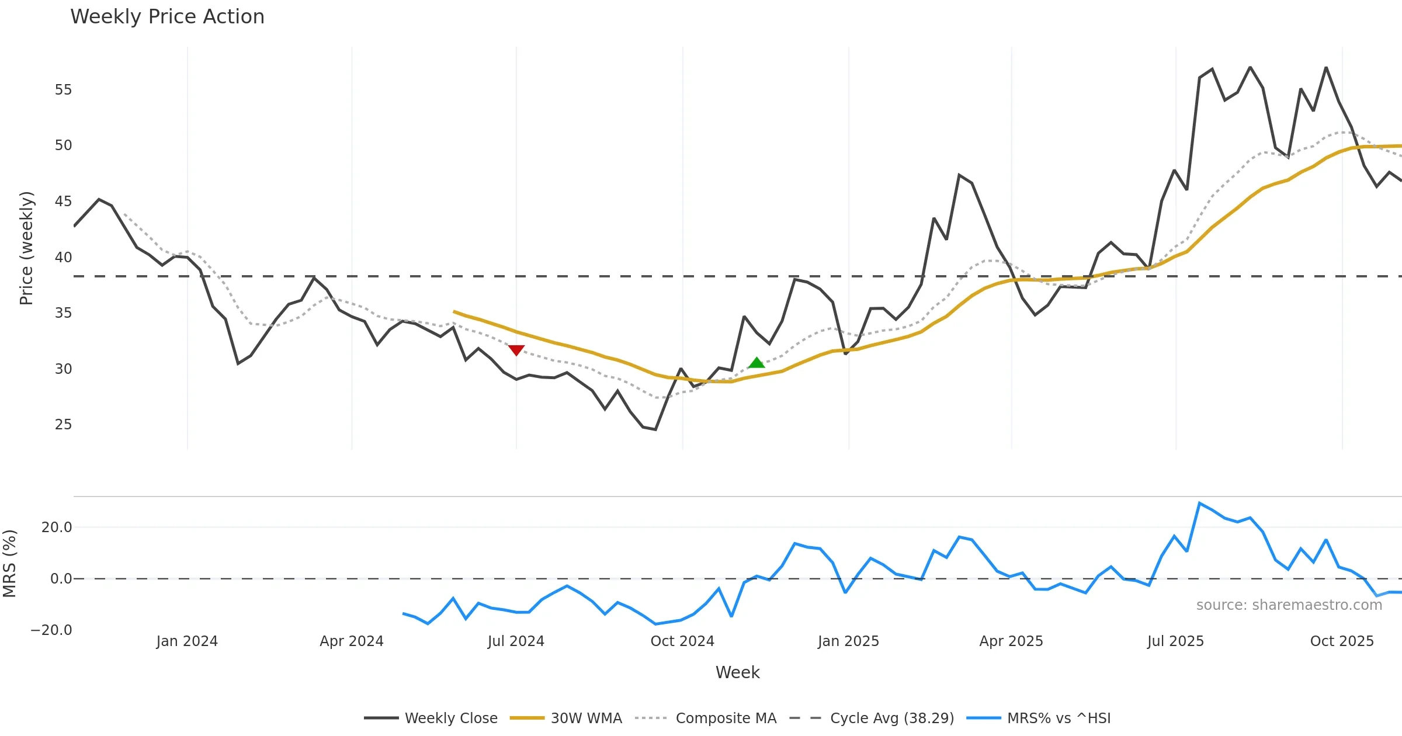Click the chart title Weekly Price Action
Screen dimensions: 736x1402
167,17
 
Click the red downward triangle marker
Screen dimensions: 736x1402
516,350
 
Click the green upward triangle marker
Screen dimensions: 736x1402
756,363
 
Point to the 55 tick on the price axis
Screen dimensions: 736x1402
63,90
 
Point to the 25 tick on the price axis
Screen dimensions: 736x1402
63,425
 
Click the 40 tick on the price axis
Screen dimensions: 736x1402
63,258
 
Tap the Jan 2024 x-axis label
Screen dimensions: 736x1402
187,641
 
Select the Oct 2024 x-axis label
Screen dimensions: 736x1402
682,641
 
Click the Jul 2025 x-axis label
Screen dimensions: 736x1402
1175,641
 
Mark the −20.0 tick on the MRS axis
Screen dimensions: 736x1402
51,630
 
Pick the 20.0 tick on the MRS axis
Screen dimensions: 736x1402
57,527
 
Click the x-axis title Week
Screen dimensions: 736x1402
737,673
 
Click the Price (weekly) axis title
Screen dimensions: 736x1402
27,248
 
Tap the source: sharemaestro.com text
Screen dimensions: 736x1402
1289,605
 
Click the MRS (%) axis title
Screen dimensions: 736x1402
10,564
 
